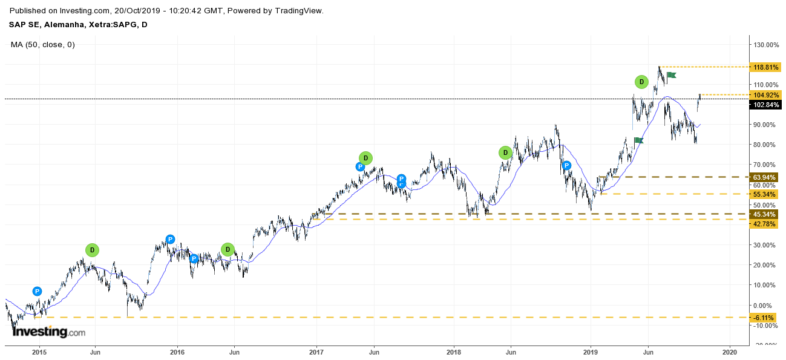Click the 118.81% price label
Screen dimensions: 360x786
coord(766,67)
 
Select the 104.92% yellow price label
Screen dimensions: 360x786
coord(766,95)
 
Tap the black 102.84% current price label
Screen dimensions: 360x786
coord(766,105)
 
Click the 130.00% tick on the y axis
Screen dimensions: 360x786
coord(766,45)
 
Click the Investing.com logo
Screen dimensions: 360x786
coord(49,332)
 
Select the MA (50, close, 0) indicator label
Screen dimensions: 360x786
coord(43,45)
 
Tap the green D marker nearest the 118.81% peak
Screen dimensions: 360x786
coord(641,82)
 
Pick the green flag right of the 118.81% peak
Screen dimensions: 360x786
coord(671,75)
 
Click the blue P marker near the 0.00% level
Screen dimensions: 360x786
coord(37,291)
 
